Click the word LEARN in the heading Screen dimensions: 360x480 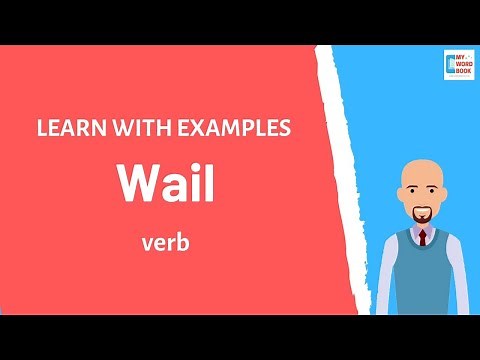tap(68, 129)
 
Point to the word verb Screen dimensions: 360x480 tap(165, 241)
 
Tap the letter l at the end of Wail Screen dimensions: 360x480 tap(208, 182)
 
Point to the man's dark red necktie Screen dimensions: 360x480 tap(422, 238)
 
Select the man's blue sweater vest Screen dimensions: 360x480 tap(420, 275)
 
